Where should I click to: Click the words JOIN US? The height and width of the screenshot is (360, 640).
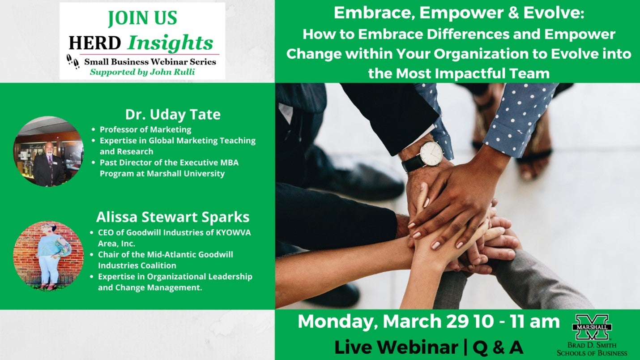143,18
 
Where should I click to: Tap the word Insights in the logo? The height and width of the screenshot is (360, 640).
170,43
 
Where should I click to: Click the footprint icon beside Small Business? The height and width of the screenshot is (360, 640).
73,61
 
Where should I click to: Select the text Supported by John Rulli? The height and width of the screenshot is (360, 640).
142,72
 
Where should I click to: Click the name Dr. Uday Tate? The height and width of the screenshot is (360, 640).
173,114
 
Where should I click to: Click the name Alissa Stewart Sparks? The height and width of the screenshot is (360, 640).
173,217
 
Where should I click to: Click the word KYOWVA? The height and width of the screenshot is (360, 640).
233,232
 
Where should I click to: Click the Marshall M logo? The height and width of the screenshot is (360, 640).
592,327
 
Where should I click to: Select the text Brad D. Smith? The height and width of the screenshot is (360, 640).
592,345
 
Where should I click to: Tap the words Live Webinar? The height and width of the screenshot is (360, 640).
396,347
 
